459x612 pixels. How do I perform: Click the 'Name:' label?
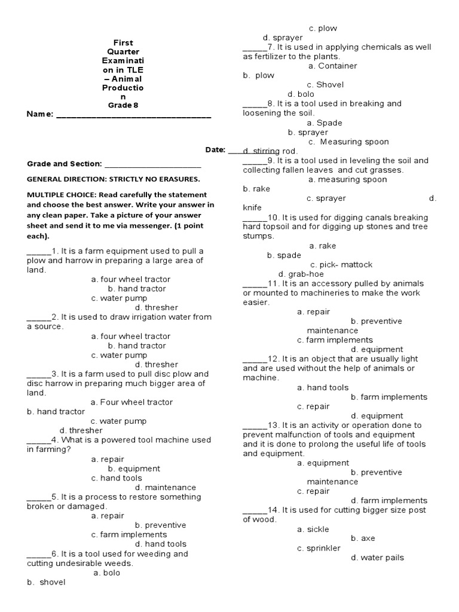pos(40,114)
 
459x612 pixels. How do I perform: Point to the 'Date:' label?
pos(215,150)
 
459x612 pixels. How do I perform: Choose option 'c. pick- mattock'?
pos(341,264)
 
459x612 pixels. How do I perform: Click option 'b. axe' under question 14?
pos(363,538)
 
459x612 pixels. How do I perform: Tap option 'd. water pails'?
pos(377,558)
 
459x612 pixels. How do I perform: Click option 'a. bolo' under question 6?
pos(107,573)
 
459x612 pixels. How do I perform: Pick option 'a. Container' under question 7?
pos(333,66)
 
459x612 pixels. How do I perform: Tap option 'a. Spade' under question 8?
pos(325,123)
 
